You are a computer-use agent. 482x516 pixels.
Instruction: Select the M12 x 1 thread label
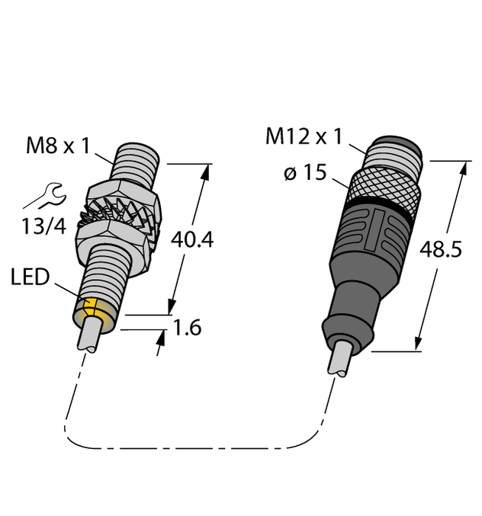click(x=303, y=137)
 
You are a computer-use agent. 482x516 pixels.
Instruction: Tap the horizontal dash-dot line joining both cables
click(x=191, y=447)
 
